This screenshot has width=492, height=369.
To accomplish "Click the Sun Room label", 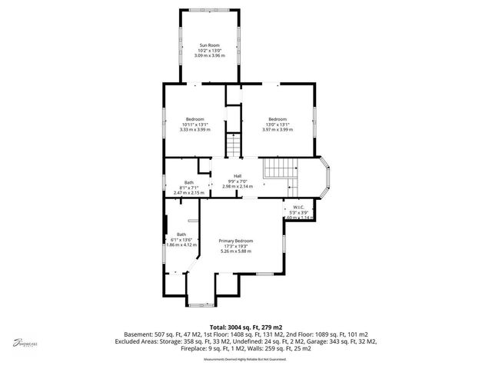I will (x=208, y=45).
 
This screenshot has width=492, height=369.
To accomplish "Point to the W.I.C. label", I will (x=299, y=208).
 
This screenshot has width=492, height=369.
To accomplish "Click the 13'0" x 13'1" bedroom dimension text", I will (x=277, y=125).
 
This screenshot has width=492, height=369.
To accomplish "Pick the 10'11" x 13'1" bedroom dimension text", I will (x=194, y=125).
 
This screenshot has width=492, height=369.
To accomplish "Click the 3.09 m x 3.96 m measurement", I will (x=208, y=56).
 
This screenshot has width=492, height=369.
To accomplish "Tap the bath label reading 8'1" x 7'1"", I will (x=188, y=187).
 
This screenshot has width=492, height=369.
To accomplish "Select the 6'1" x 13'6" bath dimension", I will (x=181, y=240).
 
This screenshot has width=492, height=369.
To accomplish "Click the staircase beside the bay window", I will (x=278, y=171).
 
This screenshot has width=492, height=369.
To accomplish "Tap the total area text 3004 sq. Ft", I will (x=245, y=327).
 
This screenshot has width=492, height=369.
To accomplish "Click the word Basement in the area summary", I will (x=139, y=334).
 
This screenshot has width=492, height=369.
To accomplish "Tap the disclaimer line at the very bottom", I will (x=245, y=359).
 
